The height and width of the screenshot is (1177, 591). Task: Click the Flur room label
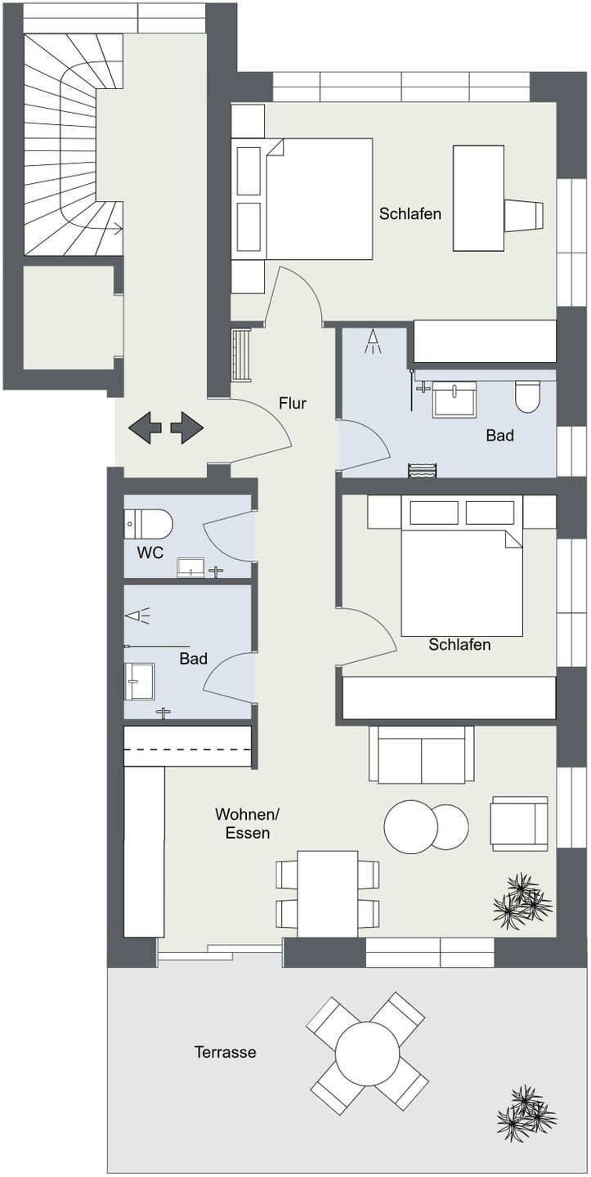click(x=293, y=403)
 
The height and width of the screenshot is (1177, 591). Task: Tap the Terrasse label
click(x=226, y=1052)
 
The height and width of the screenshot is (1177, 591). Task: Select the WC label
click(x=150, y=553)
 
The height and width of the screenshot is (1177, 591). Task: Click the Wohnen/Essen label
click(x=248, y=823)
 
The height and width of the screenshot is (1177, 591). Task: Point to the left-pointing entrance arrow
click(x=146, y=427)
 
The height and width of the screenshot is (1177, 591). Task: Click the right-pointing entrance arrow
click(x=186, y=427)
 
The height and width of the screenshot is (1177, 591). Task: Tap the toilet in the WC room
click(x=148, y=523)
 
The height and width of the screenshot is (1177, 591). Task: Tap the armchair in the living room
click(x=520, y=823)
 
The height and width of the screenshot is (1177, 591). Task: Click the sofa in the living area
click(x=421, y=754)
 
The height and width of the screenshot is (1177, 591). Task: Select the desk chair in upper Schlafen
click(x=524, y=215)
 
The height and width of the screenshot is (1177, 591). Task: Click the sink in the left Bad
click(x=139, y=681)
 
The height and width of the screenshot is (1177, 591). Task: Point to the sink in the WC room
click(x=190, y=568)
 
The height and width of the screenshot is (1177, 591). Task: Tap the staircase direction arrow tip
click(x=123, y=229)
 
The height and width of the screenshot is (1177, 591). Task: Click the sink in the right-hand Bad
click(x=454, y=400)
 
